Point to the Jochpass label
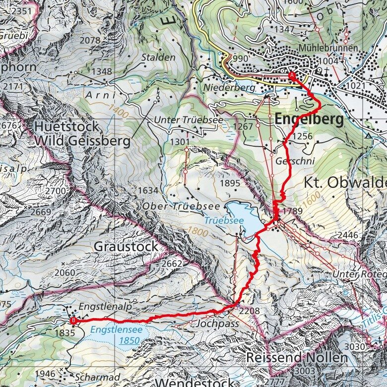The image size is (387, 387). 218,324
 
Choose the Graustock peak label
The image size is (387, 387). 126,246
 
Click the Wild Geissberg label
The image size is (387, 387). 82,142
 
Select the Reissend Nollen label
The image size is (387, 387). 297,358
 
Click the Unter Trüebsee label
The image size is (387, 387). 188,120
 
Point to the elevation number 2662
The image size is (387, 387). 172,264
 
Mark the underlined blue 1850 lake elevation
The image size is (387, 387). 129,341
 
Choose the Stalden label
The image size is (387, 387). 158,57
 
